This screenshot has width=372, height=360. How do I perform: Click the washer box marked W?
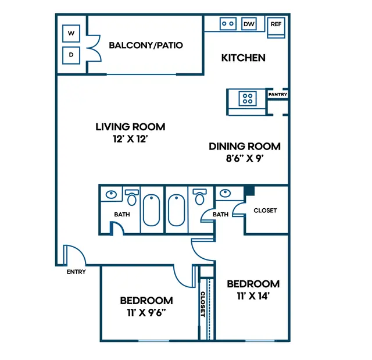pyautogui.click(x=71, y=33)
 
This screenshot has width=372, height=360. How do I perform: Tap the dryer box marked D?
pyautogui.click(x=71, y=55)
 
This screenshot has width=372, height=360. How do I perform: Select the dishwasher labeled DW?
pyautogui.click(x=249, y=24)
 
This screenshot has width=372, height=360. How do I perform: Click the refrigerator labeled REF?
pyautogui.click(x=276, y=27)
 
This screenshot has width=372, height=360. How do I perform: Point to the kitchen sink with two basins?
pyautogui.click(x=228, y=24)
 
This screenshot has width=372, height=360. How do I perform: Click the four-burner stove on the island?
pyautogui.click(x=248, y=98)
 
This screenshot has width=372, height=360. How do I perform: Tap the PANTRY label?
pyautogui.click(x=278, y=94)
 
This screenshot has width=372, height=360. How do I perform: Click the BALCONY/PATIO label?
pyautogui.click(x=146, y=45)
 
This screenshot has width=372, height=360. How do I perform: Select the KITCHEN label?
pyautogui.click(x=244, y=58)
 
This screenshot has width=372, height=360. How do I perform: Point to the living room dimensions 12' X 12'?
pyautogui.click(x=130, y=139)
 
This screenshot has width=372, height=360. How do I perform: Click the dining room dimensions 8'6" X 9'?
pyautogui.click(x=245, y=158)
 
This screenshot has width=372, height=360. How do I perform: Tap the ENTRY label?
pyautogui.click(x=76, y=272)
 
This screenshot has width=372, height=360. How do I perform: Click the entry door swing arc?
pyautogui.click(x=81, y=251)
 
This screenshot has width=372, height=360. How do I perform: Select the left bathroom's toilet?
pyautogui.click(x=132, y=197)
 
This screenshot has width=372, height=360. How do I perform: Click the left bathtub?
pyautogui.click(x=152, y=210)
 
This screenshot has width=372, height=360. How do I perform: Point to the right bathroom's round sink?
pyautogui.click(x=225, y=193)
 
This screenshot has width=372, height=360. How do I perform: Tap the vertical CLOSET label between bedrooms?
pyautogui.click(x=203, y=304)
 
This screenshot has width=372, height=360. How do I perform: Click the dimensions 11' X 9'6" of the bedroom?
pyautogui.click(x=146, y=312)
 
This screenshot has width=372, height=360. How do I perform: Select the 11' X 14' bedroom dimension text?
pyautogui.click(x=253, y=295)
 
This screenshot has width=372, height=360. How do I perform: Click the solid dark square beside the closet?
pyautogui.click(x=249, y=191)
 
